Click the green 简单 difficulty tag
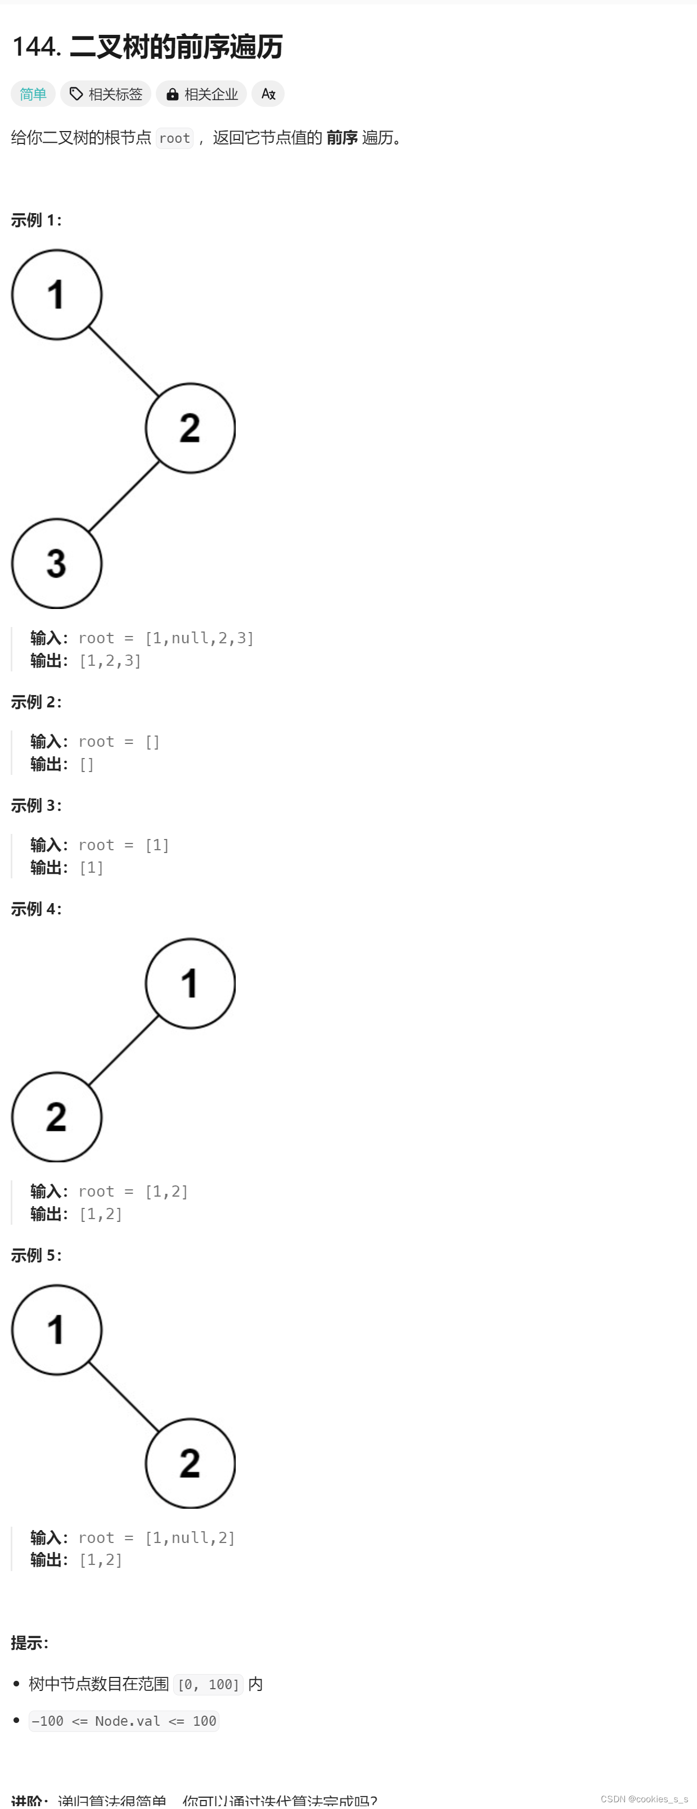click(x=33, y=94)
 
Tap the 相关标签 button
click(x=106, y=94)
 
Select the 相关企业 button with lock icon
click(x=201, y=94)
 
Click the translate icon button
click(x=268, y=94)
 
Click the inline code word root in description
click(x=174, y=138)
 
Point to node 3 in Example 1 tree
click(x=57, y=563)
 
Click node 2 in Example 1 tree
click(x=190, y=428)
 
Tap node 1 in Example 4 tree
click(x=190, y=983)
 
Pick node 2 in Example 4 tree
click(x=57, y=1117)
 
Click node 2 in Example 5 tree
click(x=190, y=1463)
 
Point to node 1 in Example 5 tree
click(x=57, y=1329)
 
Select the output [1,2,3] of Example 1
click(x=110, y=661)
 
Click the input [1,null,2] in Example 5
click(x=190, y=1538)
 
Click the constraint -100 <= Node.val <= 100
click(x=124, y=1721)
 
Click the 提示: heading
click(x=29, y=1643)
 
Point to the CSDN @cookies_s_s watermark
click(x=644, y=1798)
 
